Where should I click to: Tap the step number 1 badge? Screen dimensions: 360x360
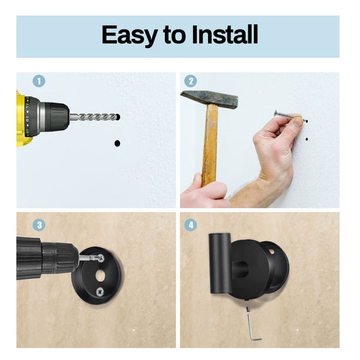click(39, 81)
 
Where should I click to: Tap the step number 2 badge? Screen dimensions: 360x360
click(190, 81)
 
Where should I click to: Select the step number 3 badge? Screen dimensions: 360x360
click(39, 226)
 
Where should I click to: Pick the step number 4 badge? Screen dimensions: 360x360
click(190, 226)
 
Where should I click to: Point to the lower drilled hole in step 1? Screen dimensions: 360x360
click(117, 143)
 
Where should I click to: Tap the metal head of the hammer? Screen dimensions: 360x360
click(209, 99)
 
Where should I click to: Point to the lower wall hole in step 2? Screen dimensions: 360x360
click(307, 139)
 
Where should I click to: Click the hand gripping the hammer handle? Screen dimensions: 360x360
click(204, 195)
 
